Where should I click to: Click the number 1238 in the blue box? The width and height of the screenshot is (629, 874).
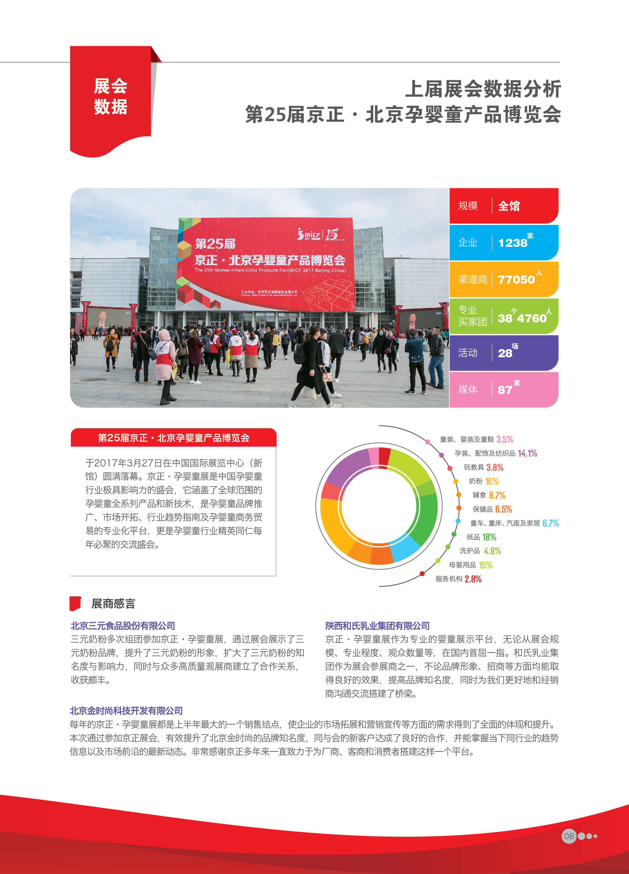point(512,243)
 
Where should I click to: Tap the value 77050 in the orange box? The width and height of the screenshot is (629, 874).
point(516,279)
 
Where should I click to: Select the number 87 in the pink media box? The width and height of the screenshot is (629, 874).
point(505,389)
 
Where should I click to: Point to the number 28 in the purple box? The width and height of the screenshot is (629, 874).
point(505,353)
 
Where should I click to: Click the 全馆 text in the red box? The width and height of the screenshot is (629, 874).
point(509,206)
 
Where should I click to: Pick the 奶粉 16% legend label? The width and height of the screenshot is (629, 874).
point(484,481)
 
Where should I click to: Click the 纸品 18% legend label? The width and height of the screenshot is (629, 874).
point(481,537)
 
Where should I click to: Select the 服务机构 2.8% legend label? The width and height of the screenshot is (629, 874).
point(458,579)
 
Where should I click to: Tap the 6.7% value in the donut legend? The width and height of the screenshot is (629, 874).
point(550,523)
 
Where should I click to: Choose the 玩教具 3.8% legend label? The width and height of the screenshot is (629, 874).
point(483,467)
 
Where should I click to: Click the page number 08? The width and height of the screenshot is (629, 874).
point(569,836)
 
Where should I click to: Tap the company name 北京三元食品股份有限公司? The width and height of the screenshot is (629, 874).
point(123,625)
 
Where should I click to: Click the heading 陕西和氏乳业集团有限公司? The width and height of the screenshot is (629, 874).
point(377,625)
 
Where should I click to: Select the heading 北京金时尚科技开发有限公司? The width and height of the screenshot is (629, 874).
point(126,710)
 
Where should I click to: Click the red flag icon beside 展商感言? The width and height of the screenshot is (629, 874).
point(75,603)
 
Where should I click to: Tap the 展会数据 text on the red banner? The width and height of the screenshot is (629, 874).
point(111,96)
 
